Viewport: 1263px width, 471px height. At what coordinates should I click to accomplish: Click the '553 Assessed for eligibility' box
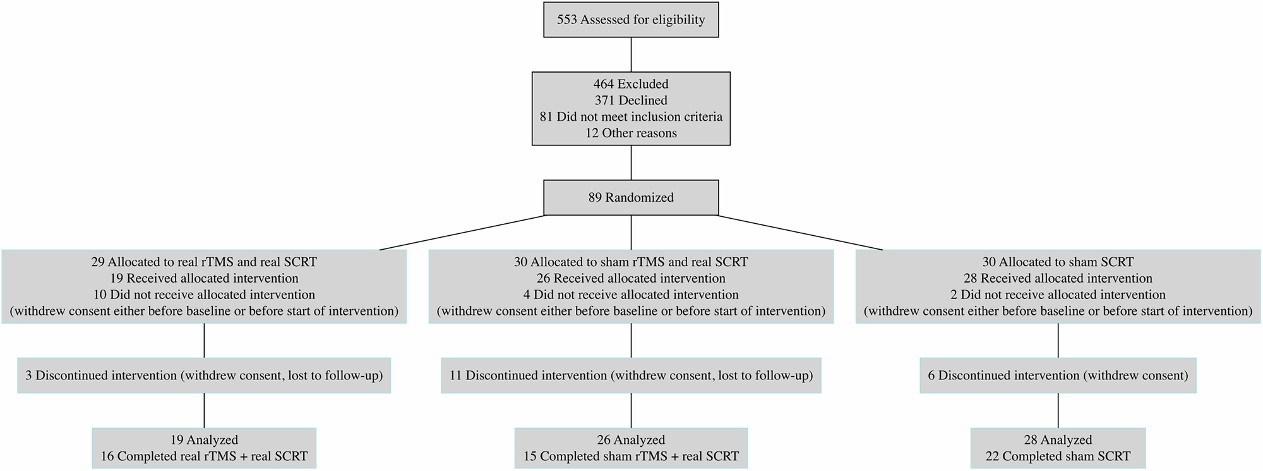pos(631,20)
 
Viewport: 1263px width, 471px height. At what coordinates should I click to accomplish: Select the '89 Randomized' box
pos(631,197)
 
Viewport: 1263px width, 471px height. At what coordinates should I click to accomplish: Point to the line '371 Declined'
pos(631,100)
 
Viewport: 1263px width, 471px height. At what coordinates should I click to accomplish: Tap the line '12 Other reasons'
pos(631,133)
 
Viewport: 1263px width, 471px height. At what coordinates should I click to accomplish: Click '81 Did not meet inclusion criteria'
pos(631,116)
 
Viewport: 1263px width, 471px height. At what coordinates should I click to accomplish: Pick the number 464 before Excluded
pos(603,83)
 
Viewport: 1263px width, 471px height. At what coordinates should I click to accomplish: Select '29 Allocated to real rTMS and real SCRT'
pos(204,262)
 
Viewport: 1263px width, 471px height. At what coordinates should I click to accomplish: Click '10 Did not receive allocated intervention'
pos(204,295)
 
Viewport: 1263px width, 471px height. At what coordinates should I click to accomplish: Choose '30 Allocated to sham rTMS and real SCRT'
pos(631,262)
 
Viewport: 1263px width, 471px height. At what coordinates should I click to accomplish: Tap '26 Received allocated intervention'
pos(631,278)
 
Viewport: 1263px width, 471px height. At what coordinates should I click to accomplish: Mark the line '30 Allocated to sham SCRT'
pos(1058,262)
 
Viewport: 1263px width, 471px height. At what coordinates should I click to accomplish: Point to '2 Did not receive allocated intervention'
pos(1058,295)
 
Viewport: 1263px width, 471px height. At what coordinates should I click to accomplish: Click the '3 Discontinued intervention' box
pos(204,376)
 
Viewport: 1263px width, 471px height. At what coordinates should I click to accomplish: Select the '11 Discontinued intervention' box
pos(631,376)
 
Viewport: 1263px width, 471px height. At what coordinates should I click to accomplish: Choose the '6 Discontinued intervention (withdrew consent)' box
pos(1058,376)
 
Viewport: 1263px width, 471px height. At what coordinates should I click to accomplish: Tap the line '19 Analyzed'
pos(204,440)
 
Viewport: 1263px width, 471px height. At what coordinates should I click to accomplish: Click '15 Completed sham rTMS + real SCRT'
pos(631,456)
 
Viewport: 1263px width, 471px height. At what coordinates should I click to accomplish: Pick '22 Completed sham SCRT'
pos(1058,456)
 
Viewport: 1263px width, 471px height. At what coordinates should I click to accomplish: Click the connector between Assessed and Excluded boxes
pos(631,54)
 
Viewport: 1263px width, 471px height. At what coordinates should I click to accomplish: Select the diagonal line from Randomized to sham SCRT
pos(800,233)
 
